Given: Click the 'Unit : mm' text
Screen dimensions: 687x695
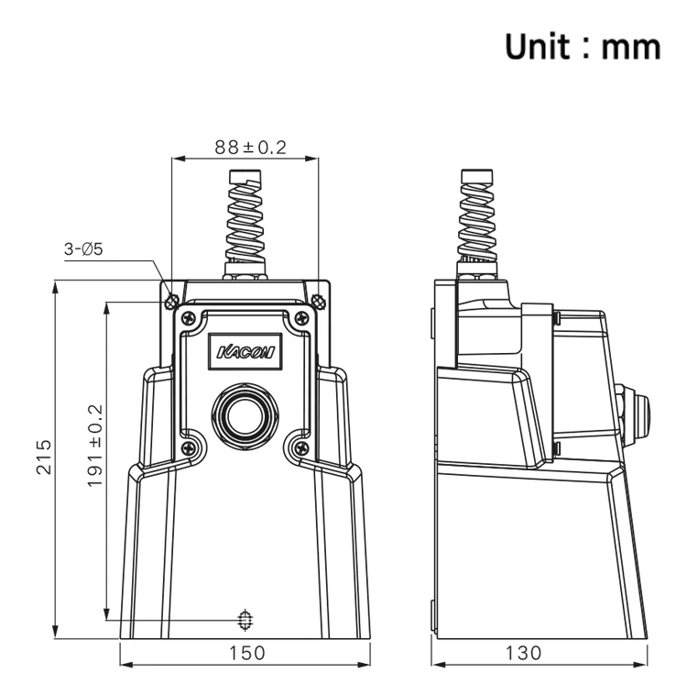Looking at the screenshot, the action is pyautogui.click(x=583, y=47).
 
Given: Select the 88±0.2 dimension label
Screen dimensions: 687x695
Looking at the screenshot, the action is pyautogui.click(x=251, y=147).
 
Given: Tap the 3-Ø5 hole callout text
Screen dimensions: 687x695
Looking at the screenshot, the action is pyautogui.click(x=83, y=249).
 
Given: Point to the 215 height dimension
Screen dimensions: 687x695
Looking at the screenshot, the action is pyautogui.click(x=43, y=457).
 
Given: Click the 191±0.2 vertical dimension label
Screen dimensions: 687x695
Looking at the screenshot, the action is pyautogui.click(x=94, y=446).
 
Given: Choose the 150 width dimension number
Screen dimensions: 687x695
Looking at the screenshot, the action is pyautogui.click(x=246, y=653).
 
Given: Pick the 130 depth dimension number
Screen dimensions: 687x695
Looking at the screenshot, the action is pyautogui.click(x=523, y=653).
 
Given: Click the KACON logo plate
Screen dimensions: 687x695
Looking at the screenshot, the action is pyautogui.click(x=245, y=351).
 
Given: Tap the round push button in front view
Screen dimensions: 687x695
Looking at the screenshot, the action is pyautogui.click(x=245, y=416).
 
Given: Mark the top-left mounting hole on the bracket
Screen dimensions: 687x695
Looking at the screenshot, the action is pyautogui.click(x=171, y=302).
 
